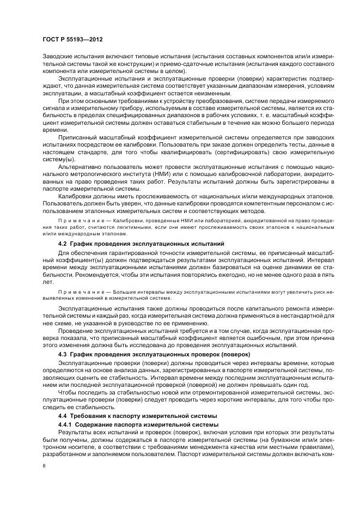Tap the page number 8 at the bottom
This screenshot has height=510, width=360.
44,466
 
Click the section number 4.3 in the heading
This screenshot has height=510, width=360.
62,354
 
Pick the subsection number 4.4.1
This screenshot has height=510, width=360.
65,424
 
